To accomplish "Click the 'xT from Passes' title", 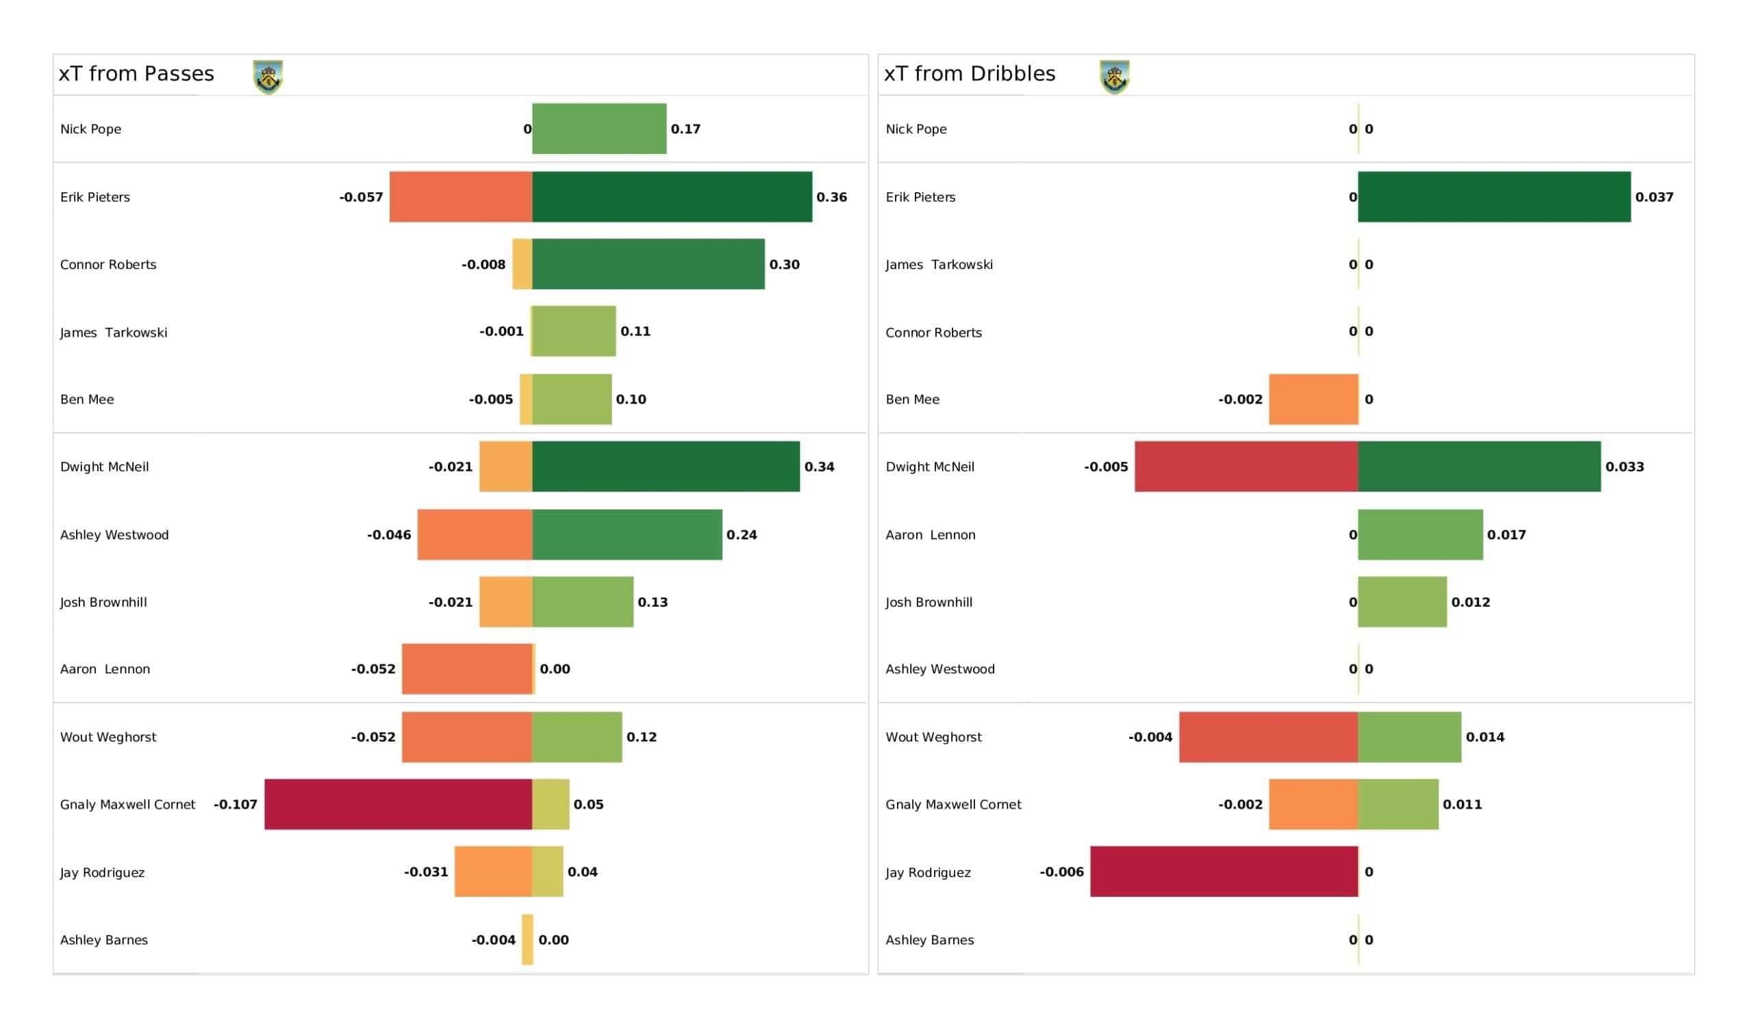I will click(136, 74).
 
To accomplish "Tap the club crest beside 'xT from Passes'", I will click(268, 77).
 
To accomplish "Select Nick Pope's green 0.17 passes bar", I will click(599, 129).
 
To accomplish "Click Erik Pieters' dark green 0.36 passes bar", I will click(672, 197).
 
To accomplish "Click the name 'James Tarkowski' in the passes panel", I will click(114, 333).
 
